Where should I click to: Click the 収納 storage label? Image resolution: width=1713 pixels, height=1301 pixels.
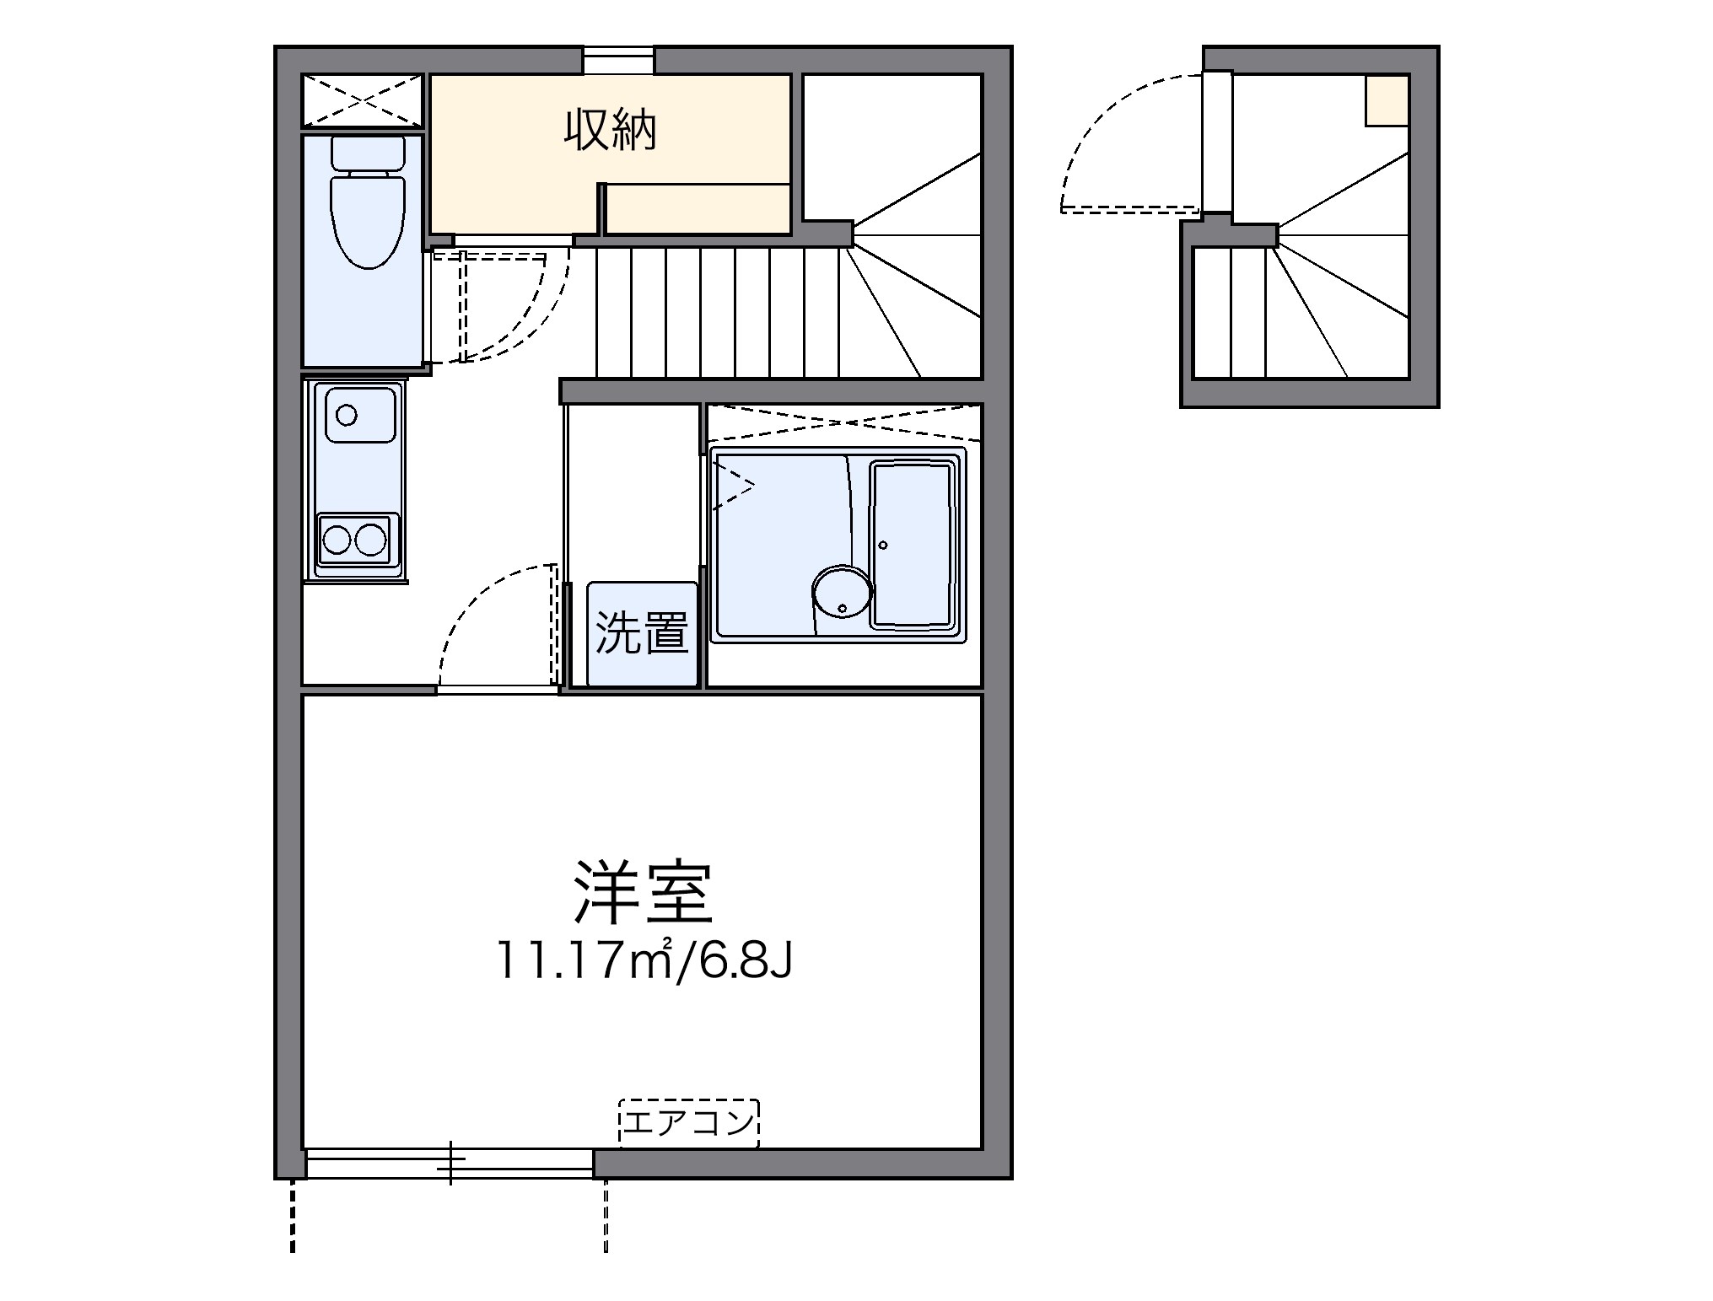click(x=610, y=132)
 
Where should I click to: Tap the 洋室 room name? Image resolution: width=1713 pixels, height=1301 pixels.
click(x=644, y=892)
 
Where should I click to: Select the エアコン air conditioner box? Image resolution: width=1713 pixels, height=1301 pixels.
click(x=689, y=1123)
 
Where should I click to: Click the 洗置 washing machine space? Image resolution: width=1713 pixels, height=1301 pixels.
click(x=643, y=632)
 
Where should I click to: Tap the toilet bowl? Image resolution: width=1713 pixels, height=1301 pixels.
click(x=368, y=219)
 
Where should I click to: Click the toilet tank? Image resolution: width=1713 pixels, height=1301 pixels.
click(x=368, y=153)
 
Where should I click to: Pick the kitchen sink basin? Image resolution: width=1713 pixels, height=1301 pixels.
click(x=355, y=414)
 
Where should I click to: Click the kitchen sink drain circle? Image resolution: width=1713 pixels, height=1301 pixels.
click(x=346, y=415)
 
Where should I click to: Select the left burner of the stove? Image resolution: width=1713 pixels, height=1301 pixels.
click(x=338, y=539)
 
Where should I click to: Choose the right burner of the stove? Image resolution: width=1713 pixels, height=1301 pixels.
click(x=370, y=539)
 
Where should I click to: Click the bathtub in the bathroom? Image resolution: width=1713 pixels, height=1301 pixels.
click(x=913, y=545)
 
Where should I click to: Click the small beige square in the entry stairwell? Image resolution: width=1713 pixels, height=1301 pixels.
click(x=1387, y=101)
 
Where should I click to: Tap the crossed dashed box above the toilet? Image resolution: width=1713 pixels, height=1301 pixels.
click(x=362, y=101)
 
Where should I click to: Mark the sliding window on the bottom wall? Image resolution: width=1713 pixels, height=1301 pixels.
click(x=450, y=1163)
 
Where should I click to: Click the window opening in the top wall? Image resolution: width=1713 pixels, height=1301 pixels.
click(x=618, y=61)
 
